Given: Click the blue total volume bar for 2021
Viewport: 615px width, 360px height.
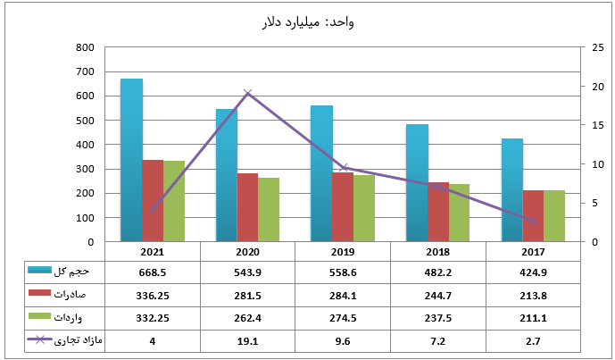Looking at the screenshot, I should pyautogui.click(x=131, y=161).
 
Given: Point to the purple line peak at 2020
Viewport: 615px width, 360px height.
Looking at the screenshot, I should pyautogui.click(x=248, y=93).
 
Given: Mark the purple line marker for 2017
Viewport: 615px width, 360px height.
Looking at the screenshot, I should pyautogui.click(x=534, y=221).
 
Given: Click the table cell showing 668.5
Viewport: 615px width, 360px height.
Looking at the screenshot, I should pyautogui.click(x=153, y=271).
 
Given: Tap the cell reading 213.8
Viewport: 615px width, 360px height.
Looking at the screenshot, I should pyautogui.click(x=534, y=294).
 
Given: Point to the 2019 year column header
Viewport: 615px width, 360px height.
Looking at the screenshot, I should pyautogui.click(x=343, y=252).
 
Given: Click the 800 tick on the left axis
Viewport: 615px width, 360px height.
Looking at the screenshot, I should pyautogui.click(x=86, y=47).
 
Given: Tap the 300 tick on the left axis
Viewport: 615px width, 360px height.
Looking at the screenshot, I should pyautogui.click(x=86, y=169).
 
